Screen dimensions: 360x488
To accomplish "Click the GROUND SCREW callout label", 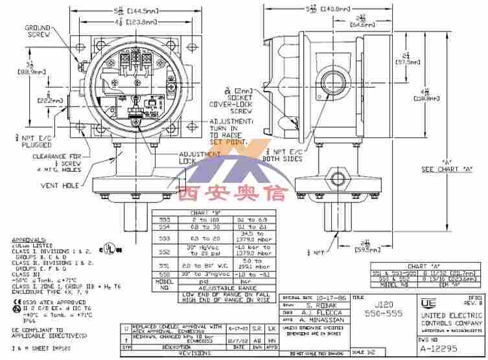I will pos(38,32).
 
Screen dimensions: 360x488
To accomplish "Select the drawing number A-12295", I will pos(447,348).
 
